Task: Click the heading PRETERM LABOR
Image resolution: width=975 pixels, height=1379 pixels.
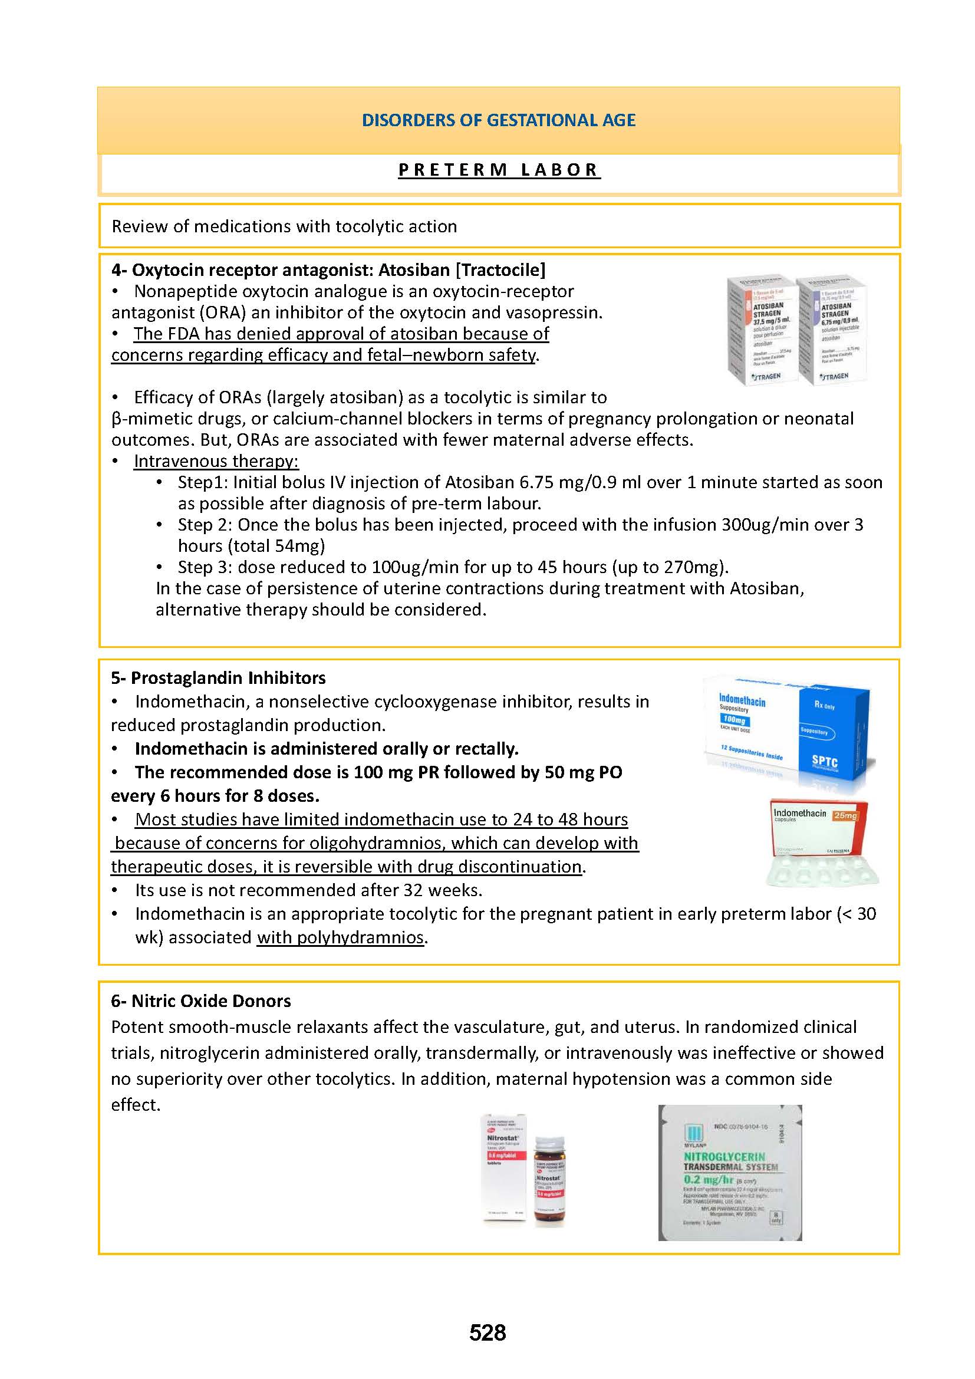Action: click(499, 170)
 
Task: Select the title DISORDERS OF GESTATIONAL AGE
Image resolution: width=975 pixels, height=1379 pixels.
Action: click(498, 120)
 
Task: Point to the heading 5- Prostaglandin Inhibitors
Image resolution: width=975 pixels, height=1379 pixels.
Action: click(218, 678)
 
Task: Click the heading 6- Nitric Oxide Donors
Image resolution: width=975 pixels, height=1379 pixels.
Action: click(200, 1000)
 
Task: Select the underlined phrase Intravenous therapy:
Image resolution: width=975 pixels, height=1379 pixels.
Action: click(216, 461)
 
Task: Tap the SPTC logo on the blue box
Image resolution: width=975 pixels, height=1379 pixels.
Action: click(824, 762)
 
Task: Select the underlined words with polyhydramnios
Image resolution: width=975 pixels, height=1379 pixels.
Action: click(340, 937)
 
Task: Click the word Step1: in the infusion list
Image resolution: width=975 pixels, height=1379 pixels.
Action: click(202, 482)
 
